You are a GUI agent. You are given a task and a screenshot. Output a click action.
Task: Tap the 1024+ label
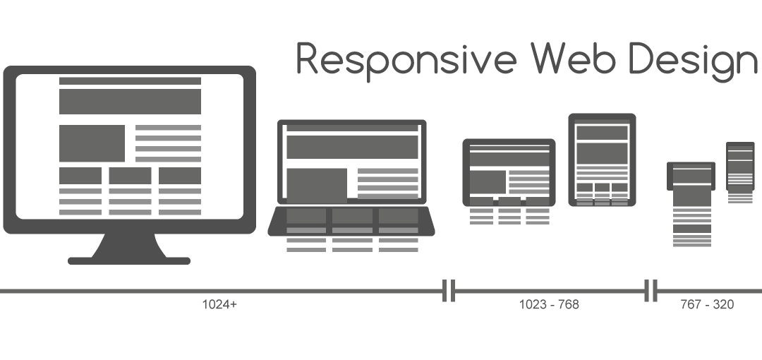click(219, 305)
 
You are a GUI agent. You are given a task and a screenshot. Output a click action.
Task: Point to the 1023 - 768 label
click(548, 305)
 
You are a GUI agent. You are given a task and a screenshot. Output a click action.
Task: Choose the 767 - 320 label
click(706, 305)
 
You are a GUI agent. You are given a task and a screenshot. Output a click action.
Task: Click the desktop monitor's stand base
click(128, 260)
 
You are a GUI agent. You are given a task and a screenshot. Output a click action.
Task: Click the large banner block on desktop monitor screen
click(130, 101)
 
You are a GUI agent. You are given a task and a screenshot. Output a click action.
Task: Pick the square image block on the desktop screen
click(92, 143)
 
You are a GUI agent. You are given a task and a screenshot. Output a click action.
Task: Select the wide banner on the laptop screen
click(351, 147)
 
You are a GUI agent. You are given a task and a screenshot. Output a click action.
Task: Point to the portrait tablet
click(602, 160)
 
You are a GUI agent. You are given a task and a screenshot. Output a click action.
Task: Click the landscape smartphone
click(691, 176)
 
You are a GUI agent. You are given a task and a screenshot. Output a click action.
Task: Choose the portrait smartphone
click(740, 166)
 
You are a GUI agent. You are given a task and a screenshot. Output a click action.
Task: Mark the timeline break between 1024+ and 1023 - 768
click(448, 290)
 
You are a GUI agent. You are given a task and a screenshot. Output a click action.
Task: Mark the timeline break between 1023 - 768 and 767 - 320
click(651, 290)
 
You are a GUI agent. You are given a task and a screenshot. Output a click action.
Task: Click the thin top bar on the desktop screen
click(130, 81)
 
